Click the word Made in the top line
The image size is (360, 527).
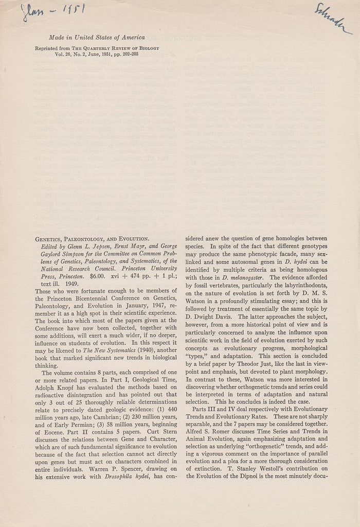coord(57,37)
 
